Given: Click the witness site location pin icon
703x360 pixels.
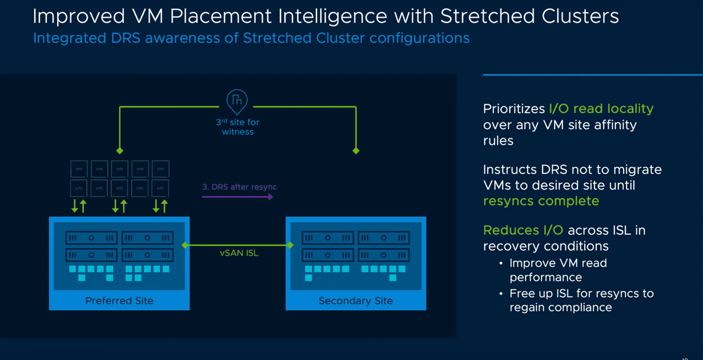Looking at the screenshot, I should click(x=237, y=102).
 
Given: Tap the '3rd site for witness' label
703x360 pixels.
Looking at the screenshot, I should click(x=238, y=127).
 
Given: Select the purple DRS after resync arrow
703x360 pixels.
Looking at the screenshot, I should click(x=238, y=197).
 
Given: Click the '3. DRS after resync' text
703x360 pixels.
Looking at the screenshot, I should click(x=239, y=187).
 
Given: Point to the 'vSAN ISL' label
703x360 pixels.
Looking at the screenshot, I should click(x=239, y=253).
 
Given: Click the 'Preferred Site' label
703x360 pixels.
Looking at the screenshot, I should click(x=119, y=301).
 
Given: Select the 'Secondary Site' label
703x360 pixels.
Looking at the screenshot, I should click(x=355, y=301).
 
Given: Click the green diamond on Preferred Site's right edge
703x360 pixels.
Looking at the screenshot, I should click(x=184, y=245).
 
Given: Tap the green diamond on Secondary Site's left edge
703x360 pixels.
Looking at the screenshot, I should click(x=290, y=245).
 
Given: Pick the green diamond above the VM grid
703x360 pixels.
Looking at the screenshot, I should click(x=119, y=151).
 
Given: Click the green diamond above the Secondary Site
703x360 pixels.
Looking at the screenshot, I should click(x=356, y=151).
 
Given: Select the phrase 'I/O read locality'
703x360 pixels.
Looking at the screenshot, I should click(x=601, y=109).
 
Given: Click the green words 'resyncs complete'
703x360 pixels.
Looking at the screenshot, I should click(x=541, y=201).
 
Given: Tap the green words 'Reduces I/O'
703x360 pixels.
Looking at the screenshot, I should click(x=523, y=230).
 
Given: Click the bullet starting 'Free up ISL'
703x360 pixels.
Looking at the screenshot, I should click(x=581, y=301).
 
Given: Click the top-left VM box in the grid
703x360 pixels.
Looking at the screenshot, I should click(x=79, y=169).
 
